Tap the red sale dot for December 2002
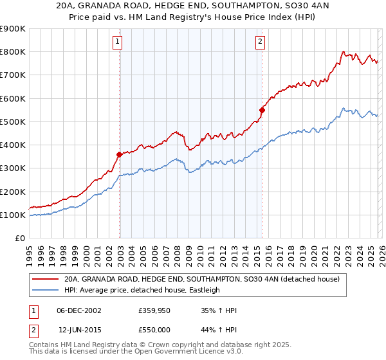[x=119, y=154]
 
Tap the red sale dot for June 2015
[x=262, y=110]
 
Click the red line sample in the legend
[x=45, y=280]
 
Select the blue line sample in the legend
[x=45, y=290]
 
